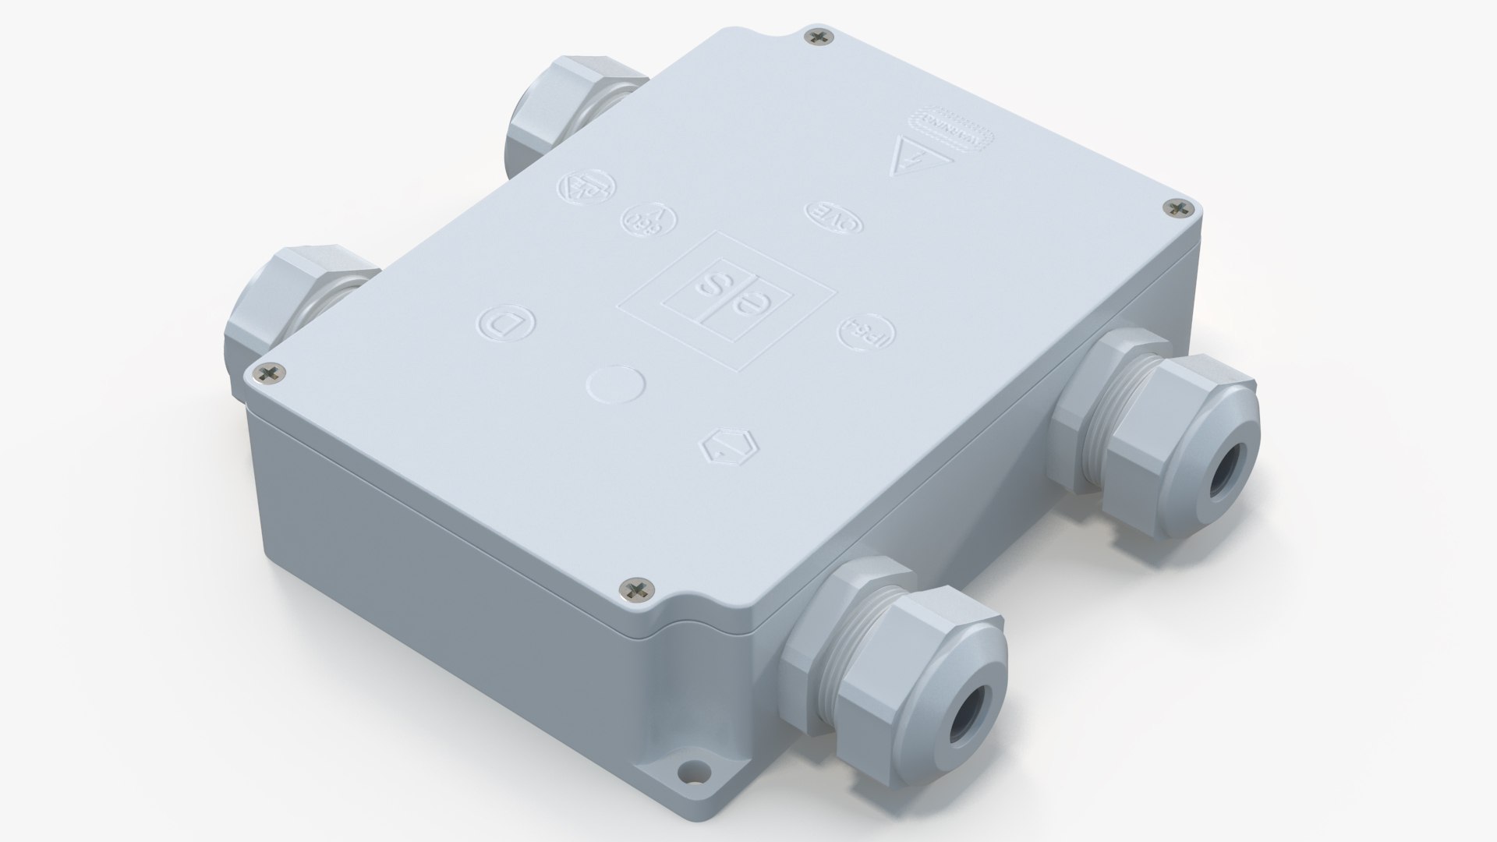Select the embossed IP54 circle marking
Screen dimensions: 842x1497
click(866, 333)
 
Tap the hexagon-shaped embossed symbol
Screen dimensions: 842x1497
click(724, 449)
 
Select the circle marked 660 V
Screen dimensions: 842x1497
click(649, 220)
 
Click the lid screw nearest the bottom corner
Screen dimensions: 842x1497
click(636, 590)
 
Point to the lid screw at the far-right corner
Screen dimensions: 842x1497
click(1178, 207)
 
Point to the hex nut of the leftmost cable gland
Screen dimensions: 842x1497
click(265, 312)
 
